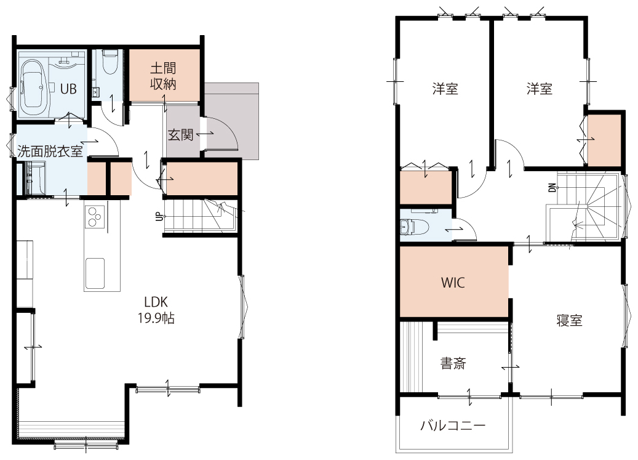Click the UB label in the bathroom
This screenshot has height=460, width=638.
(68, 88)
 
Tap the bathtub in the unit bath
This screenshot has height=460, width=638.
(34, 88)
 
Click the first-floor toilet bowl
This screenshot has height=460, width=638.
(109, 61)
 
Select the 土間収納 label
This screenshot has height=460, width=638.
(163, 76)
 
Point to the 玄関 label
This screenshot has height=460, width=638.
(180, 134)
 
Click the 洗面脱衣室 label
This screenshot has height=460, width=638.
(50, 151)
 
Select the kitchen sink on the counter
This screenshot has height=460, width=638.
(95, 273)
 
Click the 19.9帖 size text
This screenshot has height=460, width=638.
(156, 318)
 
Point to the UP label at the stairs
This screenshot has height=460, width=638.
(159, 217)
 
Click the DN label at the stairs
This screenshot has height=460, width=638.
(552, 187)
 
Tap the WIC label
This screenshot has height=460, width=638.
(453, 283)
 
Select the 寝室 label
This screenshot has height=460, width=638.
(569, 320)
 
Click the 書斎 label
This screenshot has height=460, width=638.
(453, 363)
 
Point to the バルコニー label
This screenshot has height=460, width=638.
(452, 426)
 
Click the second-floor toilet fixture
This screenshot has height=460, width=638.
(414, 227)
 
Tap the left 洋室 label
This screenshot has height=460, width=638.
(445, 88)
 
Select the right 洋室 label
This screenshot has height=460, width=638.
(540, 88)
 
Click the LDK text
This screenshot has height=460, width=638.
(156, 302)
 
